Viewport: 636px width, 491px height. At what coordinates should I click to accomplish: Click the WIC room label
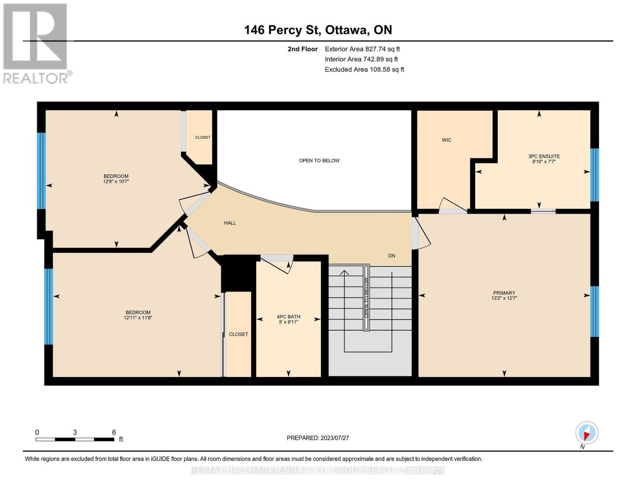(446, 140)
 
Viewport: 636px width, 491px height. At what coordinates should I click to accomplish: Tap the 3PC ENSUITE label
(543, 156)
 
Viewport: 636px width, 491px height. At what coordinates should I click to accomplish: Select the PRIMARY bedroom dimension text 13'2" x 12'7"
(504, 298)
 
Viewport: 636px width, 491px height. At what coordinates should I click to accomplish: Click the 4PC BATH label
(288, 317)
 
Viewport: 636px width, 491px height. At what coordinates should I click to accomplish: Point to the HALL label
(230, 223)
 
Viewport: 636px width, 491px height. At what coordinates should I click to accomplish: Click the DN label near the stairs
(392, 256)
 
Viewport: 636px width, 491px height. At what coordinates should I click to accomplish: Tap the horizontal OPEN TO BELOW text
(319, 160)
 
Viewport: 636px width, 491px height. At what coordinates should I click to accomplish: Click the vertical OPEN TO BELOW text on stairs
(366, 297)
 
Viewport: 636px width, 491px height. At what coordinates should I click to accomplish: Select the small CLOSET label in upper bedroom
(203, 137)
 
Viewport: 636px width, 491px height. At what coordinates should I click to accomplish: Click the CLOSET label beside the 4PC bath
(238, 334)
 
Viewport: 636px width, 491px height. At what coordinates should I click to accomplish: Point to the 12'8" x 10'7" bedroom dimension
(116, 181)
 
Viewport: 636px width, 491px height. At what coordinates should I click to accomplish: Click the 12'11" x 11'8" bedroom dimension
(138, 318)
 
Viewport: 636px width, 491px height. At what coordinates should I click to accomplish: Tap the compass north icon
(587, 432)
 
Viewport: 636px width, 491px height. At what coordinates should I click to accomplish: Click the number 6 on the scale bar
(114, 432)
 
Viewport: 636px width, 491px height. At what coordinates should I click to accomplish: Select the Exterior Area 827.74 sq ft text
(362, 49)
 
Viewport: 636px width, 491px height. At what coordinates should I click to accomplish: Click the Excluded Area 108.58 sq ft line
(364, 70)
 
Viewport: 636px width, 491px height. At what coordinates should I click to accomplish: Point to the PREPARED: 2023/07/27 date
(317, 438)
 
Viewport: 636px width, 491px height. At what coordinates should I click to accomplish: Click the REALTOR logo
(36, 43)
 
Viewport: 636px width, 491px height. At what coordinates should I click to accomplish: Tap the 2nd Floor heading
(302, 49)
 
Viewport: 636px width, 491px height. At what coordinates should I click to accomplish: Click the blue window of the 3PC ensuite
(594, 175)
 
